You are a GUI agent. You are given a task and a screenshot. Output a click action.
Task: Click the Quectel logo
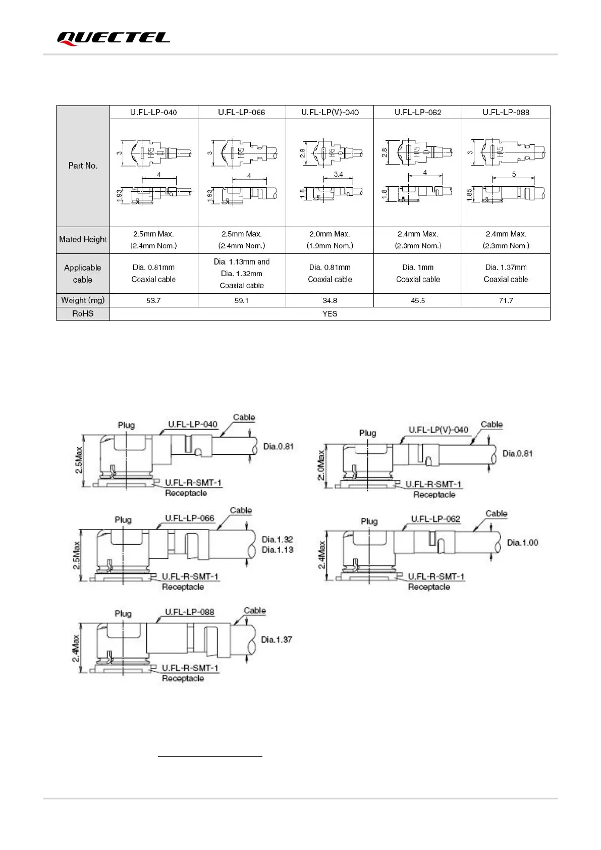(113, 38)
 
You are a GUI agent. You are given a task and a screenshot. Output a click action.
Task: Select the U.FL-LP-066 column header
(241, 112)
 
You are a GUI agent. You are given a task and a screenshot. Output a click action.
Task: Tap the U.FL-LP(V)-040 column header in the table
(330, 112)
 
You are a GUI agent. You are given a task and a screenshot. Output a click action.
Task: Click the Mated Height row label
(83, 239)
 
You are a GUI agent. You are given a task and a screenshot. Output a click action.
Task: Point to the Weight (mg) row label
(83, 300)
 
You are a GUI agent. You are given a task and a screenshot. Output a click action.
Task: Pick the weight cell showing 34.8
(330, 300)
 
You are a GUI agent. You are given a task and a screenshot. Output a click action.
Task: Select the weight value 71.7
(506, 300)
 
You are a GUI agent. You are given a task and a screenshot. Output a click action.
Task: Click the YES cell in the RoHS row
(330, 313)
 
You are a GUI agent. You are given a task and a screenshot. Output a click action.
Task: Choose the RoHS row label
(83, 313)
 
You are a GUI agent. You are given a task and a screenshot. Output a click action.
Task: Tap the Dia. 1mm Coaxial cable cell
(418, 273)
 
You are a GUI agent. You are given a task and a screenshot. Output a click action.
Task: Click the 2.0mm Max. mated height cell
(330, 240)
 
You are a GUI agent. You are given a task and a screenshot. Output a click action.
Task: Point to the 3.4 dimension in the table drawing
(338, 174)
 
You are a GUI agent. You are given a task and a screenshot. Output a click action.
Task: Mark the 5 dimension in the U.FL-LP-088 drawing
(514, 174)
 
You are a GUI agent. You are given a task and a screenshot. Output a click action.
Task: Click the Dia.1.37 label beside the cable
(277, 640)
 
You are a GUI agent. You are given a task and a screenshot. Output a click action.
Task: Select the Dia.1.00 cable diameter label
(522, 543)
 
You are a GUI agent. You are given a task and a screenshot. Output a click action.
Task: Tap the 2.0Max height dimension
(321, 465)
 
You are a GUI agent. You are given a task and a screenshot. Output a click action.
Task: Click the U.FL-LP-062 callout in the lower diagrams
(435, 519)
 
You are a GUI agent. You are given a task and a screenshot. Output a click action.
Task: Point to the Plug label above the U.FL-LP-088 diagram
(123, 613)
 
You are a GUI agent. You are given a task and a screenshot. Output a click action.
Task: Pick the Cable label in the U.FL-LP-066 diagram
(241, 510)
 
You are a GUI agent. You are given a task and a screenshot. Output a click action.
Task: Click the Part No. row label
(83, 166)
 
